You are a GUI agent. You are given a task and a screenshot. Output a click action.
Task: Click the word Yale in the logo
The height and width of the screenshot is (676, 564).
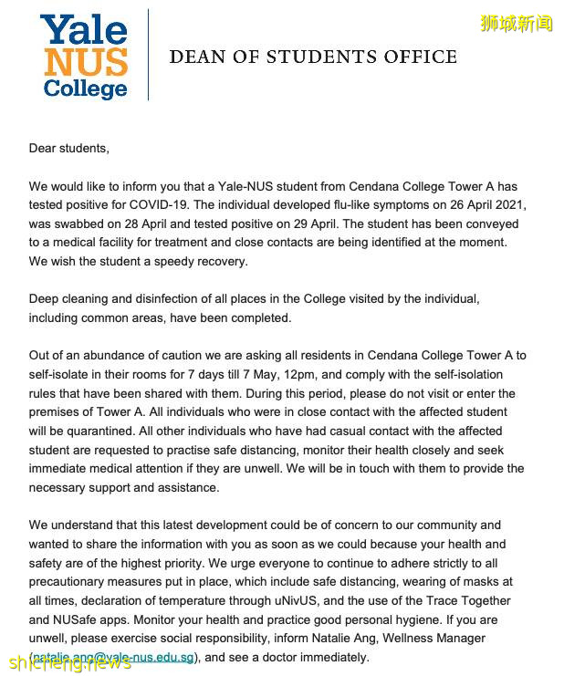point(83,31)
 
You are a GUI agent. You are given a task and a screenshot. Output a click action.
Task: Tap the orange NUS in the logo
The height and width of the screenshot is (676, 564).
point(84,61)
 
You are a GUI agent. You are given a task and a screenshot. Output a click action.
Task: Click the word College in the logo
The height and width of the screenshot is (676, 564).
point(84,88)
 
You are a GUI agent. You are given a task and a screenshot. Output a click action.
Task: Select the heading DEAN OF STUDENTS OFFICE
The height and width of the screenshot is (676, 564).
point(313,57)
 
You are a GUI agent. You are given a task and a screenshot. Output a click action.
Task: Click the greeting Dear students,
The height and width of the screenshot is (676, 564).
point(68,148)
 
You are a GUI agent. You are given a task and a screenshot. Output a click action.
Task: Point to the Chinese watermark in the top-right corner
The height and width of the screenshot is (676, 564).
point(517,24)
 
